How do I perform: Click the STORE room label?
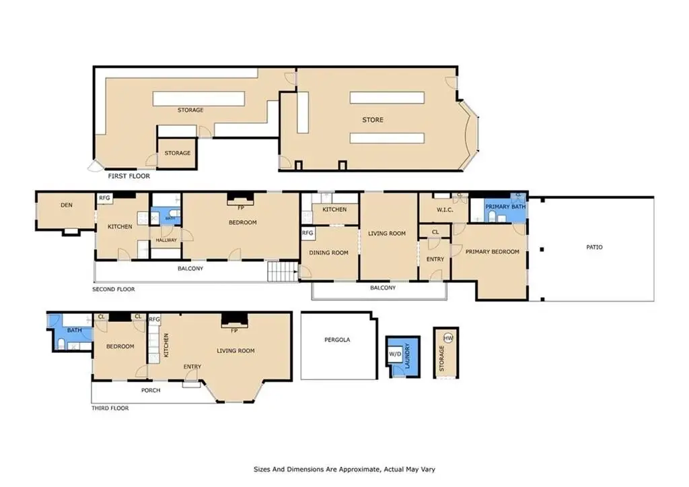click(373, 120)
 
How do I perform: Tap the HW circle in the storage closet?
click(447, 338)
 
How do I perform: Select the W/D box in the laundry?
click(395, 354)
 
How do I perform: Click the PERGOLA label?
click(337, 339)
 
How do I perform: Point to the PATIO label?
click(594, 247)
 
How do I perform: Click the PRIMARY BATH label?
click(505, 206)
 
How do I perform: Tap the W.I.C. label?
click(445, 210)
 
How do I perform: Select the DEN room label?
click(67, 205)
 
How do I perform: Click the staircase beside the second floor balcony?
click(283, 271)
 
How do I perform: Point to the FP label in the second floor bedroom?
click(241, 207)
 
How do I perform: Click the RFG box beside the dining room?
click(307, 233)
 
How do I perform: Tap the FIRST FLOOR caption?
click(129, 176)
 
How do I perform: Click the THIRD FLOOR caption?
click(110, 408)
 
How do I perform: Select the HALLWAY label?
click(166, 240)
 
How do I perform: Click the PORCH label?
click(151, 390)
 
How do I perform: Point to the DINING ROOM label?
click(328, 253)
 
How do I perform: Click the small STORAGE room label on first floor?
click(178, 153)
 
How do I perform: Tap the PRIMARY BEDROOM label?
click(492, 252)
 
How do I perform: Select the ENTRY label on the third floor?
click(192, 366)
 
